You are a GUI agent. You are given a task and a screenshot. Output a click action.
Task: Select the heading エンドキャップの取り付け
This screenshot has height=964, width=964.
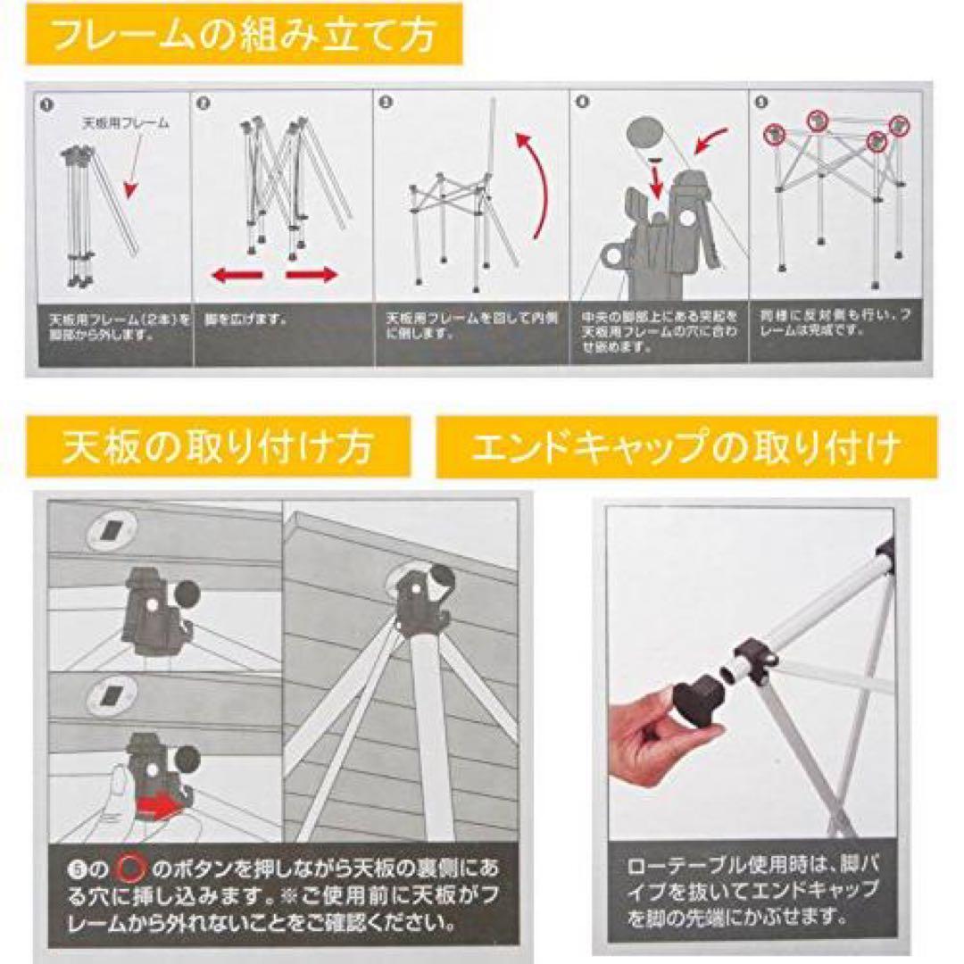pos(686,446)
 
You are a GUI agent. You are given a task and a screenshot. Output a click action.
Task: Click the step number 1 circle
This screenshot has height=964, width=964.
pos(46,104)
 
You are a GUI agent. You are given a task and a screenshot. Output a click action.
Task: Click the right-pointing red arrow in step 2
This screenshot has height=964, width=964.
pos(312,275)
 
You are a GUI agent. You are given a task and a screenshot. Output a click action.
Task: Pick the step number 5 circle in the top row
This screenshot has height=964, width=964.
pos(761,103)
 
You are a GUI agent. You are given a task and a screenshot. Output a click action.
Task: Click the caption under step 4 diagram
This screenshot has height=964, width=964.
pos(659,331)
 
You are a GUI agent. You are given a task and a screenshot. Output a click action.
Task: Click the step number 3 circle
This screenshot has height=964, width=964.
pos(386,104)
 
